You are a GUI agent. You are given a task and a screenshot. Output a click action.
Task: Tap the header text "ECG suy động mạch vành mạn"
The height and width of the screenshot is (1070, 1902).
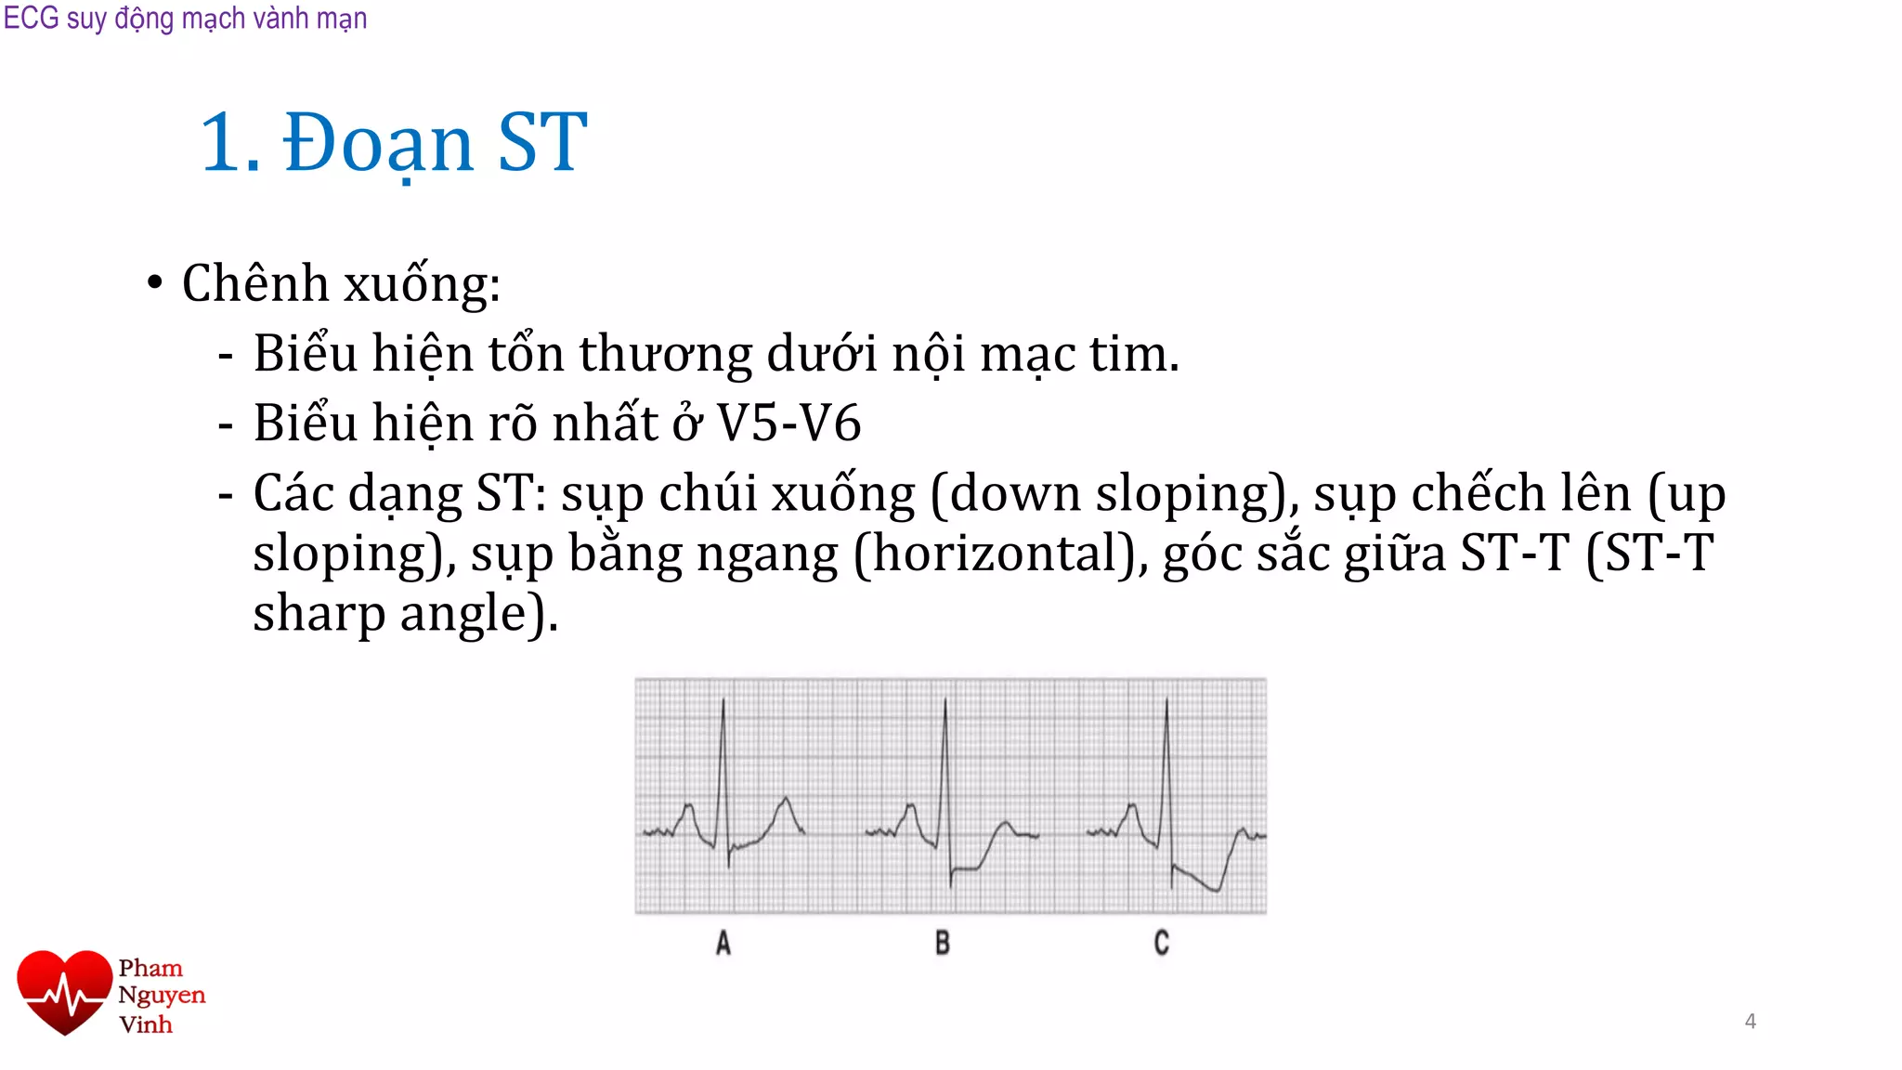coord(185,18)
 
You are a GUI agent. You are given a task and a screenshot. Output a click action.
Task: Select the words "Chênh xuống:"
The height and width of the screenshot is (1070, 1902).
coord(341,283)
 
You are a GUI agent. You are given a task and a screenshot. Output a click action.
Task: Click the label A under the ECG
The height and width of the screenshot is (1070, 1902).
coord(723,943)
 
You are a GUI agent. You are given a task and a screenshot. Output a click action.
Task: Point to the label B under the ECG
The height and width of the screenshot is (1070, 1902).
coord(943,943)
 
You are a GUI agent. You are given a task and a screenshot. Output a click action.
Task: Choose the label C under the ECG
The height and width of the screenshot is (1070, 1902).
coord(1161,943)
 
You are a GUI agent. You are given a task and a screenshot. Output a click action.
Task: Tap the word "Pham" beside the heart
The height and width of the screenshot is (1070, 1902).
coord(150,968)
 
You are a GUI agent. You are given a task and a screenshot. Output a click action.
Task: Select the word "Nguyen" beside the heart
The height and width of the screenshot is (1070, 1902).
coord(162,996)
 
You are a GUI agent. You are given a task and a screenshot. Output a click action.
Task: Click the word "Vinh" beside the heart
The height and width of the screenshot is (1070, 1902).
coord(146,1024)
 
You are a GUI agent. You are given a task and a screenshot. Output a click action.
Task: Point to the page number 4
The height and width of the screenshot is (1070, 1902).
coord(1750,1021)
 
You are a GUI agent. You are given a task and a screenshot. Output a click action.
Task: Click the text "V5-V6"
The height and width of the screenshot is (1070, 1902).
coord(789,424)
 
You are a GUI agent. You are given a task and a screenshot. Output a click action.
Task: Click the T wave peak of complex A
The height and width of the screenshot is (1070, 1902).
coord(787,798)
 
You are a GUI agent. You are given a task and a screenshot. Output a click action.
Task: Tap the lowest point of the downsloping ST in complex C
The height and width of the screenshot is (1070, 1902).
coord(1217,891)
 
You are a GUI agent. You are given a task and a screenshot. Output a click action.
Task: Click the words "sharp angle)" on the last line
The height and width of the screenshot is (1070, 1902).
coord(405,614)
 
